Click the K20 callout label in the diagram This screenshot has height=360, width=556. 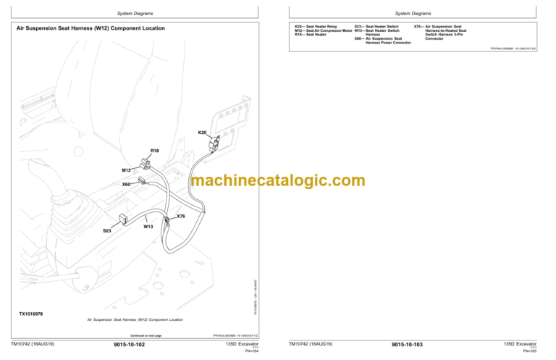tap(202, 133)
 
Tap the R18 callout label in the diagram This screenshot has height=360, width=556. tap(154, 151)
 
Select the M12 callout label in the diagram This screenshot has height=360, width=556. tap(126, 169)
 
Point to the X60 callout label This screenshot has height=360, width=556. tap(126, 184)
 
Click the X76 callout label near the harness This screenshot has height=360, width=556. tap(181, 216)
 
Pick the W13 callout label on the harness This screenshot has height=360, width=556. tap(148, 226)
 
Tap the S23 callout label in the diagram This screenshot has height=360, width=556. tap(106, 230)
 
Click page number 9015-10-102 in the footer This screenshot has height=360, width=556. tap(130, 345)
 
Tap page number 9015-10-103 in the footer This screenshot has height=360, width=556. tap(407, 345)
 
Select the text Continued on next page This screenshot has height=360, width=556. tap(146, 335)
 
